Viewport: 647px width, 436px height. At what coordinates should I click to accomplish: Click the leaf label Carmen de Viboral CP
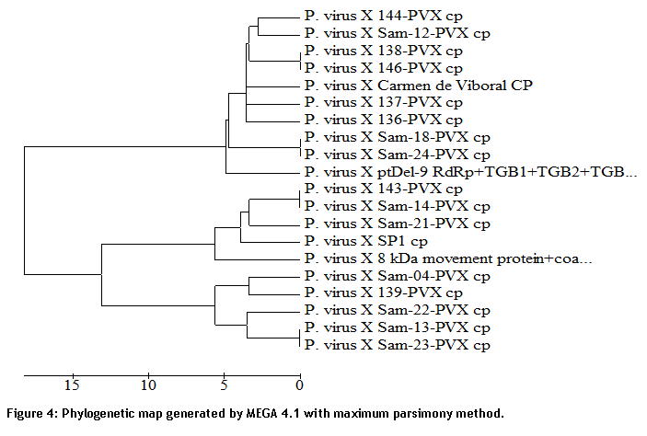(x=419, y=86)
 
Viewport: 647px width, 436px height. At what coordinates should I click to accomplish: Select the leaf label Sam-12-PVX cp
(x=398, y=33)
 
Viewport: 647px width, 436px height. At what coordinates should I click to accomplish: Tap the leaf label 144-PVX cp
(x=384, y=16)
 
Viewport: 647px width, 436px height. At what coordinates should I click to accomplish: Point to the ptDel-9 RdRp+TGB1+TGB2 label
(x=471, y=172)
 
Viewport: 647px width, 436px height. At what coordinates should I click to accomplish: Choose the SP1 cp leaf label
(x=366, y=241)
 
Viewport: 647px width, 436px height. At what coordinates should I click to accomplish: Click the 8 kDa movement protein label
(x=448, y=258)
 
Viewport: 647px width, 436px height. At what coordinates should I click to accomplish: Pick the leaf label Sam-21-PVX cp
(x=398, y=224)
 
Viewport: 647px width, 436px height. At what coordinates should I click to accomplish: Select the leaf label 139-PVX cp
(x=384, y=293)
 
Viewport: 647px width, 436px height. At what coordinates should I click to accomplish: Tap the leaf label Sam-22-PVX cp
(x=398, y=310)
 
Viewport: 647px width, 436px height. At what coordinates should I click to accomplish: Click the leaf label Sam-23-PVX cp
(x=398, y=345)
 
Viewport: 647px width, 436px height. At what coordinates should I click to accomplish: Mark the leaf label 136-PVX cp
(x=384, y=120)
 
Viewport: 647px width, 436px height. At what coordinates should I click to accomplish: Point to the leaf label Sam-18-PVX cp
(x=398, y=137)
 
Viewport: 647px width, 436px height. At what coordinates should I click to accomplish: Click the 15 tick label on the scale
(x=72, y=385)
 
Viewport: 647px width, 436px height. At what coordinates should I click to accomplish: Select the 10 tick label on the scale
(x=148, y=385)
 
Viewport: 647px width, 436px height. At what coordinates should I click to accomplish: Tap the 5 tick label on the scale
(x=224, y=385)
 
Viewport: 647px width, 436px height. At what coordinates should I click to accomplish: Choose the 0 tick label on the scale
(x=299, y=385)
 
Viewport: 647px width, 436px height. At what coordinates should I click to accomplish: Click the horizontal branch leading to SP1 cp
(x=270, y=242)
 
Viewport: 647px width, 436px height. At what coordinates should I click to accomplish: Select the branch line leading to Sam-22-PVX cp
(x=272, y=312)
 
